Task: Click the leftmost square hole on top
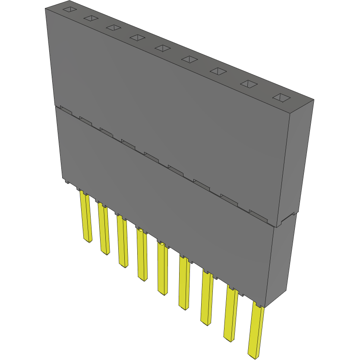pyautogui.click(x=69, y=9)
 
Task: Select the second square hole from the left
pyautogui.click(x=91, y=18)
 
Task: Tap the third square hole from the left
pyautogui.click(x=113, y=28)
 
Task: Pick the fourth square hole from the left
pyautogui.click(x=137, y=38)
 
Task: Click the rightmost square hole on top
pyautogui.click(x=281, y=98)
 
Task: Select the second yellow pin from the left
pyautogui.click(x=104, y=229)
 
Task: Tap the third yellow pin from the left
pyautogui.click(x=123, y=241)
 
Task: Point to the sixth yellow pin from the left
pyautogui.click(x=184, y=283)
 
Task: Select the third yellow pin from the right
pyautogui.click(x=207, y=298)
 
